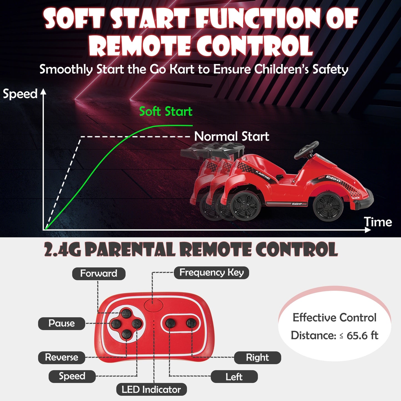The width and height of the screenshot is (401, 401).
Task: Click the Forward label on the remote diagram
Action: click(99, 274)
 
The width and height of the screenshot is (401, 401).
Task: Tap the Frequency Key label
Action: click(211, 273)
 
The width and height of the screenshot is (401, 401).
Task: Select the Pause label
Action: click(62, 324)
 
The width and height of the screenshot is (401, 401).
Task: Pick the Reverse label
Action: click(62, 357)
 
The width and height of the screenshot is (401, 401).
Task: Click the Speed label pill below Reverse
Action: click(72, 376)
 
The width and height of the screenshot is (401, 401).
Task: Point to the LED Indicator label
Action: click(151, 390)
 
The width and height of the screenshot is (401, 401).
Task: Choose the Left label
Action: click(234, 377)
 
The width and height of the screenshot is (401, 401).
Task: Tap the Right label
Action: click(257, 358)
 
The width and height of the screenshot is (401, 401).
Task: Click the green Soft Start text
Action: click(166, 112)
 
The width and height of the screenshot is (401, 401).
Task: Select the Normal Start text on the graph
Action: click(232, 137)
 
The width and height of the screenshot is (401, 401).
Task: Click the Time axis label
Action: click(378, 222)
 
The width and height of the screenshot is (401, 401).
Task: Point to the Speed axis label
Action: click(20, 94)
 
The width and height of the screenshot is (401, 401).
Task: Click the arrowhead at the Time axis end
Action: click(368, 230)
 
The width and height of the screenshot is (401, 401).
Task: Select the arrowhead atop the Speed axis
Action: click(43, 92)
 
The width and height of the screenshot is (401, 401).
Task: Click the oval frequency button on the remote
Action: click(153, 305)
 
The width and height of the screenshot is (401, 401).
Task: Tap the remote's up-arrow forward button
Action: click(127, 313)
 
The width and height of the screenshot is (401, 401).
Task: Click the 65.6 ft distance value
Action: click(362, 336)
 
